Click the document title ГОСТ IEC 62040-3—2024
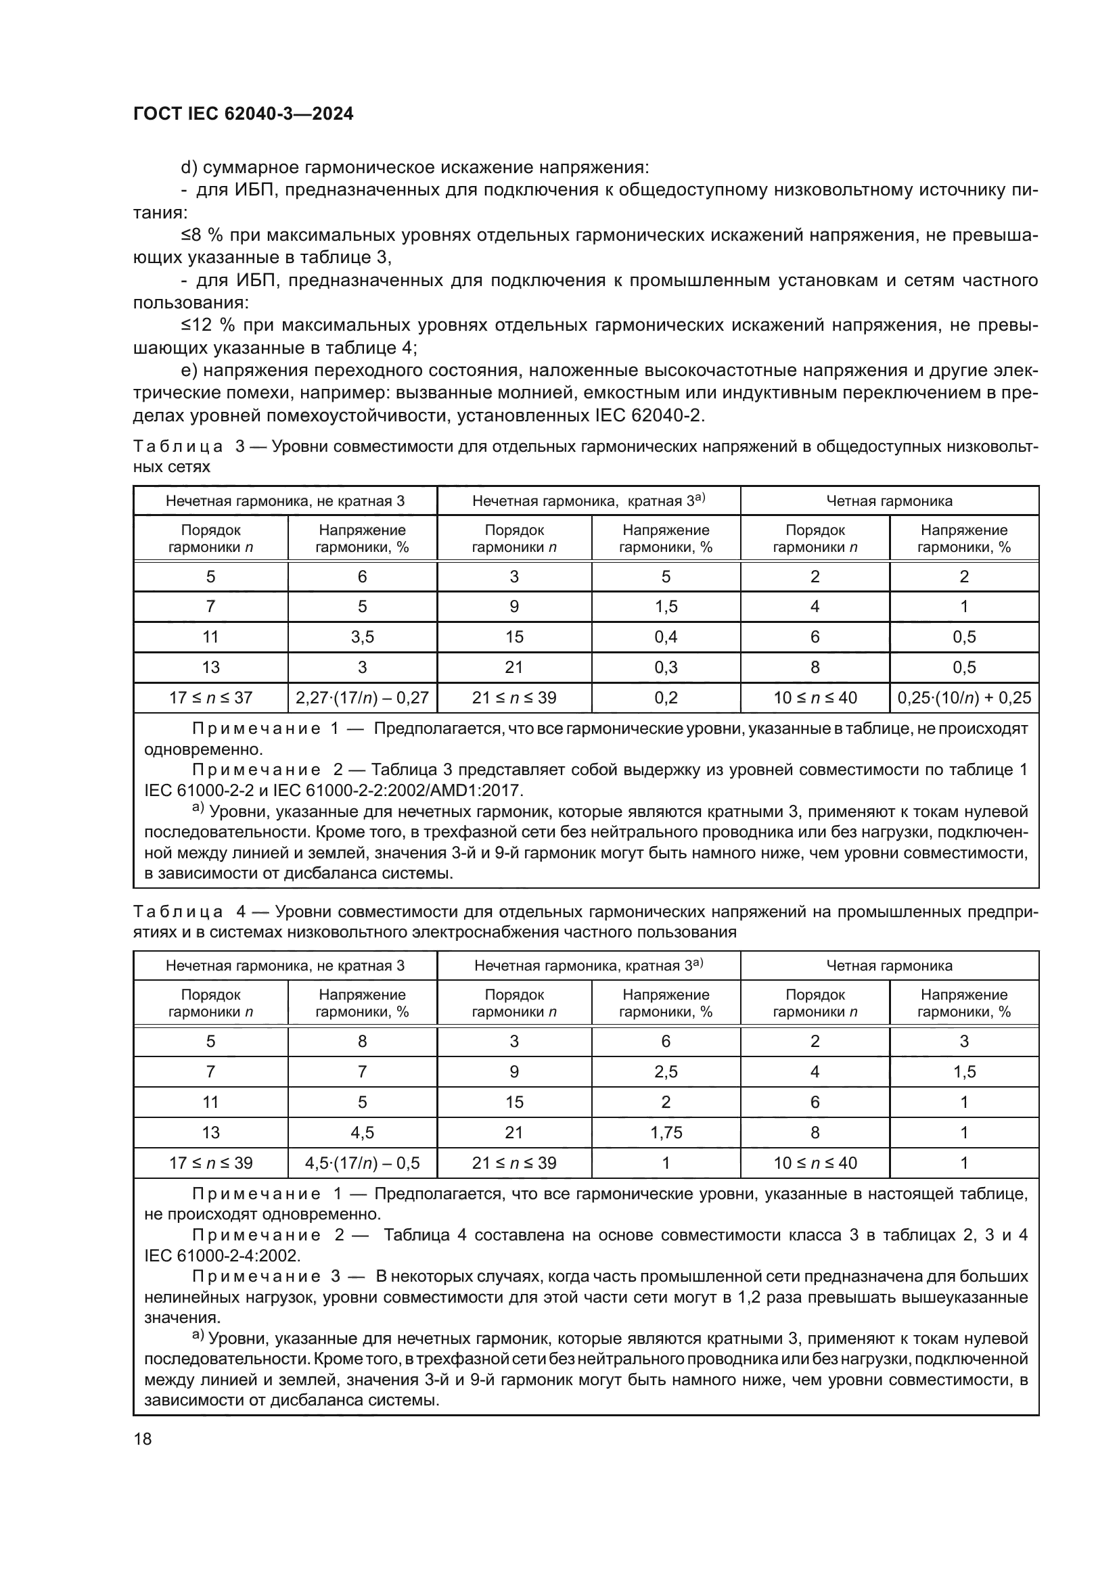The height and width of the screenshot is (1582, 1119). point(244,114)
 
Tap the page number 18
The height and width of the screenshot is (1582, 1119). point(143,1438)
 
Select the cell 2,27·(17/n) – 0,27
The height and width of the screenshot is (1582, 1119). point(362,697)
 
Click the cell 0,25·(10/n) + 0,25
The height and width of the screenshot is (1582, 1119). point(964,697)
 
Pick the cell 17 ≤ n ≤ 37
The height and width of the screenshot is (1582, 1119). point(211,697)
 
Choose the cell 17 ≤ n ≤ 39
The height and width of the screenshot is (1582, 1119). point(211,1163)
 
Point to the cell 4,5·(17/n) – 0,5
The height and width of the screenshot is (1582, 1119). point(362,1163)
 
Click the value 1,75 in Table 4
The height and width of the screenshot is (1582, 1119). point(666,1132)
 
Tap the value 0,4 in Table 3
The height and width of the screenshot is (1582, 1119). point(666,636)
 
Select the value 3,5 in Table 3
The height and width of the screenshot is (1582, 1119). point(362,636)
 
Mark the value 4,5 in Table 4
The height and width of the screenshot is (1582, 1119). point(362,1132)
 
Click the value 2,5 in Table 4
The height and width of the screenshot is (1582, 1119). point(666,1071)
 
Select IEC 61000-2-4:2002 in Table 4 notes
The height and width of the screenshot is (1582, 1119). point(222,1255)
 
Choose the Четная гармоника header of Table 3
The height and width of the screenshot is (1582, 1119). point(889,501)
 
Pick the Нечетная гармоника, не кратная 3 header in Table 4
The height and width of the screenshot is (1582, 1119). point(285,965)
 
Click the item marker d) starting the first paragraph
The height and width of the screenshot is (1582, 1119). point(189,168)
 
